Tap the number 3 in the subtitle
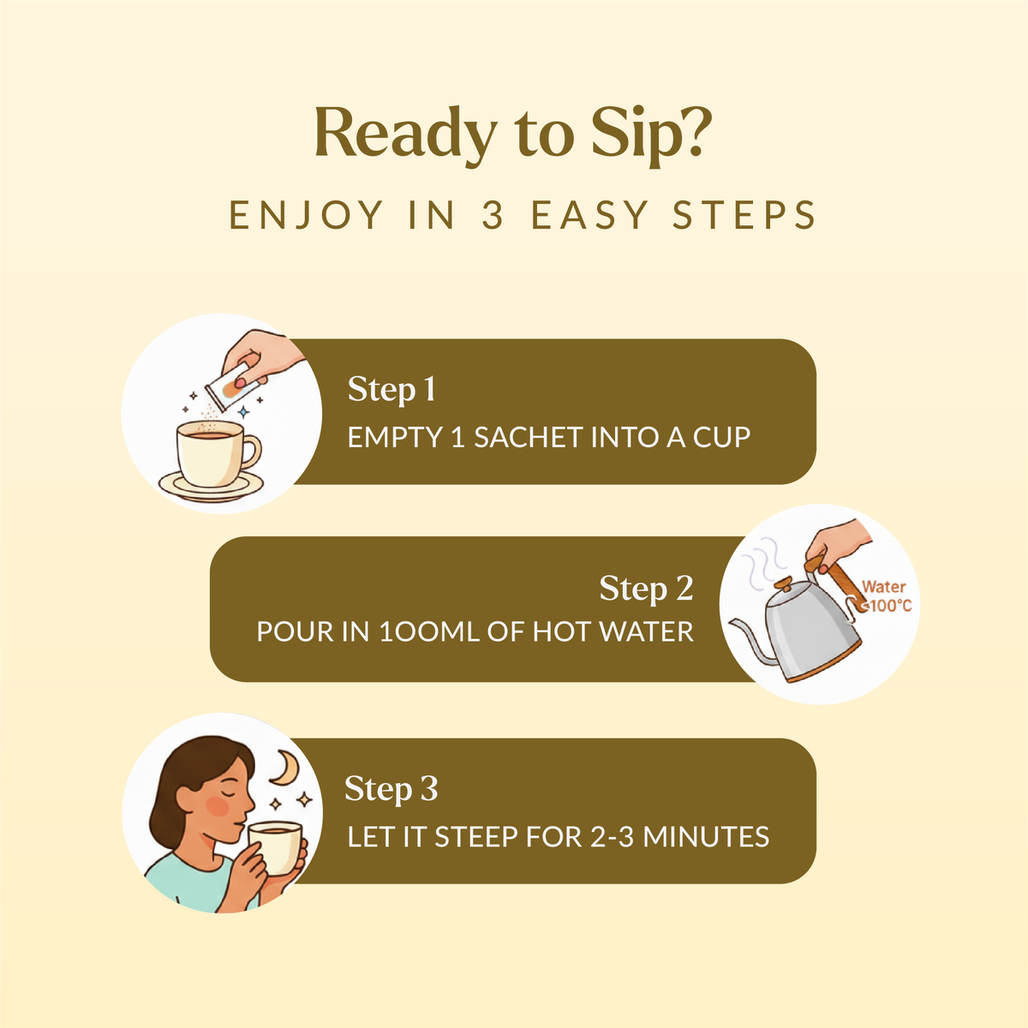(x=493, y=215)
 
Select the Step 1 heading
(x=391, y=389)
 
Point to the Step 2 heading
(x=646, y=588)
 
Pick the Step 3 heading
(x=391, y=788)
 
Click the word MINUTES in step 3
(x=706, y=836)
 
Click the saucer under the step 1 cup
(x=212, y=487)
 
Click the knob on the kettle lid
(x=784, y=585)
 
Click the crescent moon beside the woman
(x=284, y=768)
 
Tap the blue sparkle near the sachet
(x=244, y=412)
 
